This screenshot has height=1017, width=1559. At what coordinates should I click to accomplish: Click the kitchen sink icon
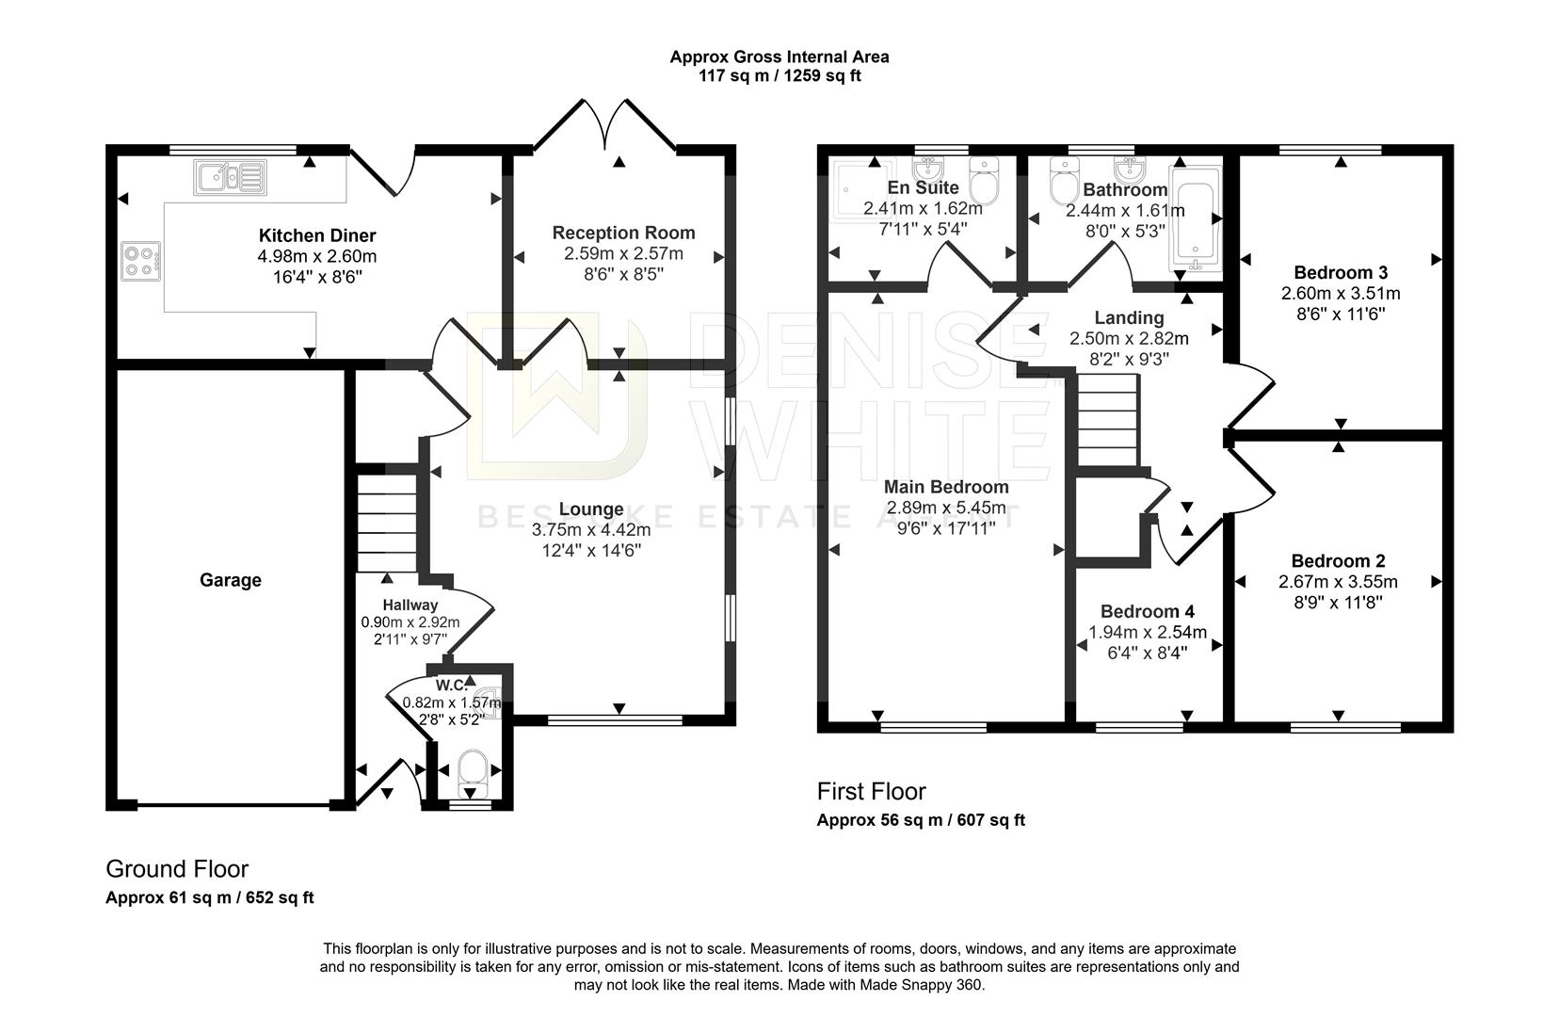pyautogui.click(x=229, y=177)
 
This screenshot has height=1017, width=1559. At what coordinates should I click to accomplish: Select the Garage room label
pyautogui.click(x=230, y=580)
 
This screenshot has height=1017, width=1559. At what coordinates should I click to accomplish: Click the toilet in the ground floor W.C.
pyautogui.click(x=471, y=770)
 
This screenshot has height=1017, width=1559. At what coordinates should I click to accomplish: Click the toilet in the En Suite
pyautogui.click(x=984, y=181)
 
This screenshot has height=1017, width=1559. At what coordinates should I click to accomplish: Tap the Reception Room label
pyautogui.click(x=623, y=233)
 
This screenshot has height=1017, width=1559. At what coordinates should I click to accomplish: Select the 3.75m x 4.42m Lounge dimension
pyautogui.click(x=590, y=529)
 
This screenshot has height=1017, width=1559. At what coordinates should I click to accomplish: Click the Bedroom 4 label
pyautogui.click(x=1147, y=611)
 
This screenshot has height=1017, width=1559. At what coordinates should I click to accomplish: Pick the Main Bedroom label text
pyautogui.click(x=945, y=487)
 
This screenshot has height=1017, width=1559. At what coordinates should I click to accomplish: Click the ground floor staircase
pyautogui.click(x=386, y=523)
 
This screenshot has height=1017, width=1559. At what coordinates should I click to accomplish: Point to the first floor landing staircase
pyautogui.click(x=1107, y=418)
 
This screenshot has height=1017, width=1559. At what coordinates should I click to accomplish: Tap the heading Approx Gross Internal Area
pyautogui.click(x=779, y=56)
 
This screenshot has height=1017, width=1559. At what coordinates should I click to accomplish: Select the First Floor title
pyautogui.click(x=871, y=791)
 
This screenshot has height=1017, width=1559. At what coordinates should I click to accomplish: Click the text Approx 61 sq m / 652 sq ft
pyautogui.click(x=209, y=897)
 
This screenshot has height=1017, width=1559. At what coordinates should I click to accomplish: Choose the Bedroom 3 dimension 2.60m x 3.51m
pyautogui.click(x=1340, y=294)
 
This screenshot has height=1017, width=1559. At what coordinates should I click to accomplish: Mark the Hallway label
pyautogui.click(x=410, y=605)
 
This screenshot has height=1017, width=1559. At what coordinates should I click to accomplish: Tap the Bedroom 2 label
pyautogui.click(x=1337, y=561)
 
